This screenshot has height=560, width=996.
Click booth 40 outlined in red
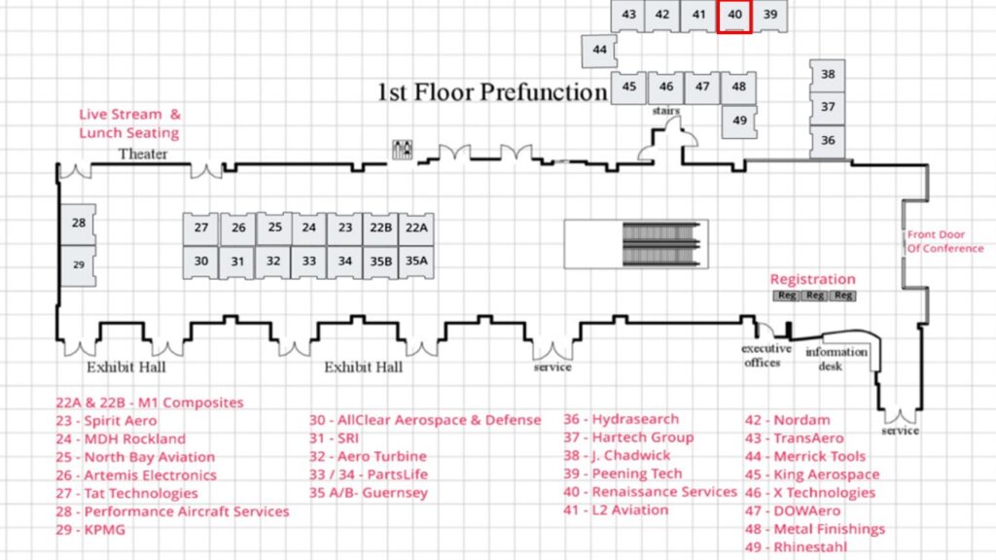(734, 16)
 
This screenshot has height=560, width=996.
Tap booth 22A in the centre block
(416, 228)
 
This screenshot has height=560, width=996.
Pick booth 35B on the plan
(380, 262)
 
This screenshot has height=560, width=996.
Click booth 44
(599, 51)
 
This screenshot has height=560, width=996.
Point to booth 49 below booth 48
(739, 122)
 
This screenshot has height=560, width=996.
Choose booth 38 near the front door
(828, 75)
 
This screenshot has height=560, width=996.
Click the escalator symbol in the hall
(661, 244)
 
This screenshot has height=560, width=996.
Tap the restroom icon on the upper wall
(402, 149)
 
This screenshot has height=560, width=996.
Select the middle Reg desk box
(814, 296)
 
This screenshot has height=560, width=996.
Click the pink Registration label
(812, 279)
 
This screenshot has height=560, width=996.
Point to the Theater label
(143, 154)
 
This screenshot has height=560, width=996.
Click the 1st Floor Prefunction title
(492, 92)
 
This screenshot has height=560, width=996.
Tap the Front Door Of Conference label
(944, 241)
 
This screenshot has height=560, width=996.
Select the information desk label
(836, 359)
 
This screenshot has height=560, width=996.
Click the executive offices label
(766, 356)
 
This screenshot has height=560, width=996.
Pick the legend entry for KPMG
(90, 530)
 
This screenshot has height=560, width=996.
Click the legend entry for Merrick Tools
(805, 456)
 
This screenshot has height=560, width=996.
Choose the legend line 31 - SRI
(335, 438)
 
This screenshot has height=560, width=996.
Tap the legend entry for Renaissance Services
(650, 492)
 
